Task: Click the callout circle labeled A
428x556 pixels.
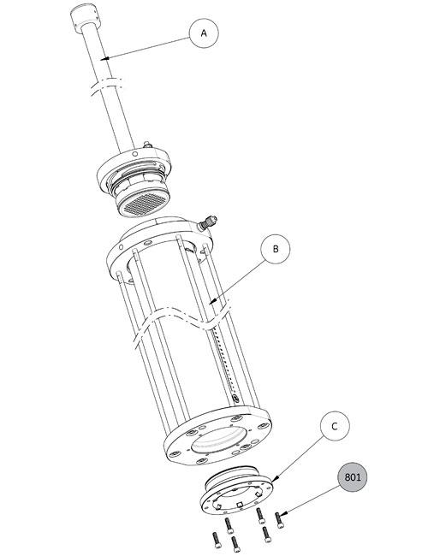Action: point(204,33)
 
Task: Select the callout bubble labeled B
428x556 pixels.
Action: point(276,249)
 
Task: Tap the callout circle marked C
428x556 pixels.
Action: point(335,426)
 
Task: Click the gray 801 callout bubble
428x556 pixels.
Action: point(352,477)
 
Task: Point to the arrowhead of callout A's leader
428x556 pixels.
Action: point(103,58)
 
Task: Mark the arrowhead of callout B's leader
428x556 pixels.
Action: point(211,302)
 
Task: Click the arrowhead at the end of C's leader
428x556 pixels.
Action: point(275,479)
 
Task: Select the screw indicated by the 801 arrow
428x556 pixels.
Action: point(279,520)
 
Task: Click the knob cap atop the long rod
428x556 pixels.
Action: point(84,18)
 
